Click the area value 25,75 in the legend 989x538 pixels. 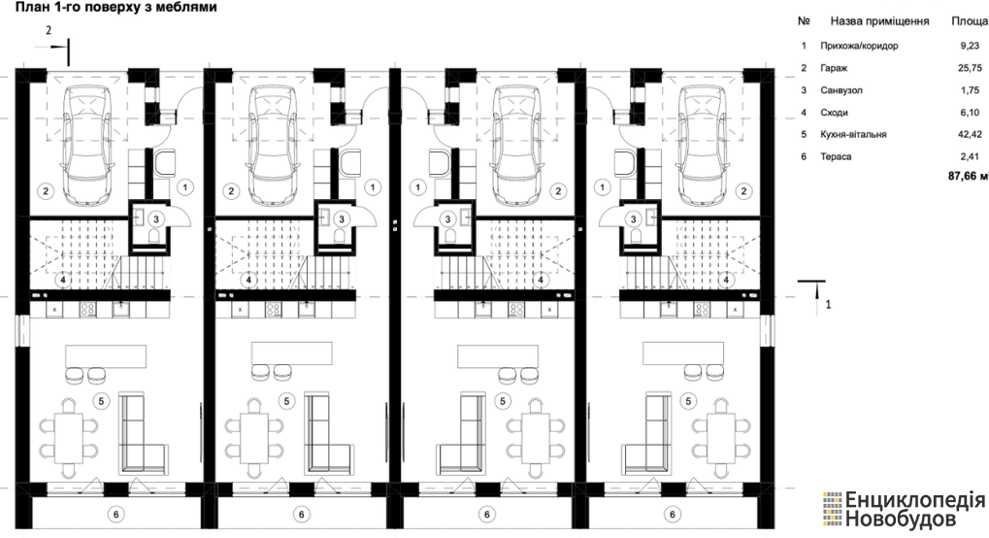[970, 68]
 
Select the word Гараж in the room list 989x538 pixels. [834, 68]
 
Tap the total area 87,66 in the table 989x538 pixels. [963, 176]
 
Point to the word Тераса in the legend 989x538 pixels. [836, 156]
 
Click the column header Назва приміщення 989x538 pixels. [879, 20]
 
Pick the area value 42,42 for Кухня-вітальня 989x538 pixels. [970, 134]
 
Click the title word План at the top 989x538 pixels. [31, 8]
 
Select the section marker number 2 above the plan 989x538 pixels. [49, 30]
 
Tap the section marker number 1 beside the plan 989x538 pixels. [828, 304]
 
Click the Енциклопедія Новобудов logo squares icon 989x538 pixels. [832, 509]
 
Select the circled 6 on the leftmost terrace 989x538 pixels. [116, 515]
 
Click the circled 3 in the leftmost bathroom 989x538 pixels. [155, 219]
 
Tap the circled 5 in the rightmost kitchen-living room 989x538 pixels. [688, 401]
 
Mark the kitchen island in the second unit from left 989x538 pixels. [292, 353]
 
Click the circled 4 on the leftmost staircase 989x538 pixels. [64, 279]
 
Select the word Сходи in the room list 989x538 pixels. [834, 113]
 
